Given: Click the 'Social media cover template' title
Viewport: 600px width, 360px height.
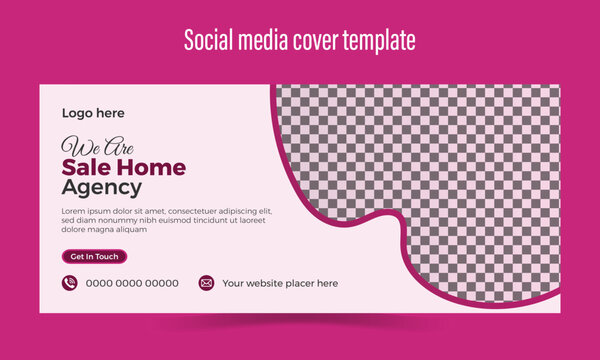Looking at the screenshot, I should (x=300, y=40).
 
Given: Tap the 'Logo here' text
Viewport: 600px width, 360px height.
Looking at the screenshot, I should (x=93, y=114).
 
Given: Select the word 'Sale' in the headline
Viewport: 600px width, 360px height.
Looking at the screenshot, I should (x=84, y=166).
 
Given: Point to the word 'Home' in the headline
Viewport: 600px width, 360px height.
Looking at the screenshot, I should (x=150, y=166).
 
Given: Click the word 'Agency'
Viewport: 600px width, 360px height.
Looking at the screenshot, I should (x=101, y=187).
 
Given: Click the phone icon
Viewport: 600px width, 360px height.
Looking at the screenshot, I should (x=70, y=283).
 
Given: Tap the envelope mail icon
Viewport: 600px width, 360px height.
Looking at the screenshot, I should (x=206, y=283).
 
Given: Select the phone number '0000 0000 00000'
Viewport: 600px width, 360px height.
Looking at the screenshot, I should (x=132, y=284).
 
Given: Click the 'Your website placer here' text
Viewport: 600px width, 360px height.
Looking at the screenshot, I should (x=280, y=284).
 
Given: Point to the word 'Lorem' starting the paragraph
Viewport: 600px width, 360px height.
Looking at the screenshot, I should (x=74, y=211).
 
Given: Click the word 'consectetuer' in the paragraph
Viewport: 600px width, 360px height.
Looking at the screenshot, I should (x=194, y=211).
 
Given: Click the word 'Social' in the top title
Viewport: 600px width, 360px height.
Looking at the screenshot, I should (x=209, y=40).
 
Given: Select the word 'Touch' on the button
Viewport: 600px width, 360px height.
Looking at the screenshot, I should (x=107, y=257).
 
